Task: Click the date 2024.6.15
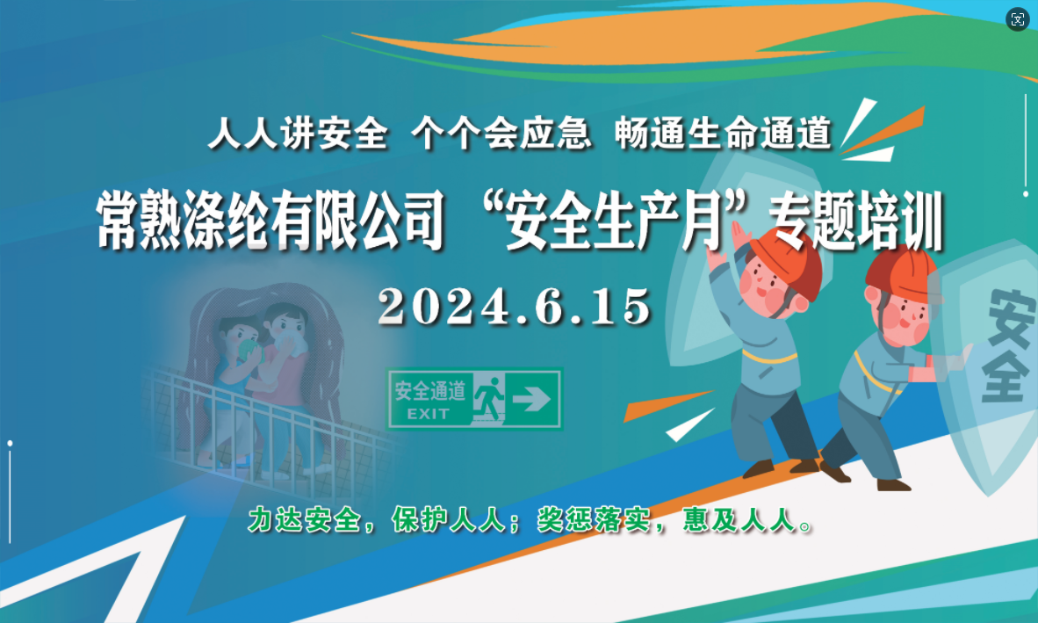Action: (515, 306)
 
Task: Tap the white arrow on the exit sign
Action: (531, 399)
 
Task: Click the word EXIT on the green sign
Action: (429, 415)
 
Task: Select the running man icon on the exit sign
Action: (488, 397)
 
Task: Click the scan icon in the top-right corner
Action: (1018, 19)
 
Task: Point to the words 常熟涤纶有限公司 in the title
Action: (270, 221)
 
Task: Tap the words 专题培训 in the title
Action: (855, 221)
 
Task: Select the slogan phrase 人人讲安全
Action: (298, 133)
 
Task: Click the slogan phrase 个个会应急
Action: (501, 133)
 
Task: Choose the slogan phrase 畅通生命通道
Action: (723, 133)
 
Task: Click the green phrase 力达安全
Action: (305, 519)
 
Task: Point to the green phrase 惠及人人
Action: (739, 519)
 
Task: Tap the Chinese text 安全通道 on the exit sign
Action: (429, 391)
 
